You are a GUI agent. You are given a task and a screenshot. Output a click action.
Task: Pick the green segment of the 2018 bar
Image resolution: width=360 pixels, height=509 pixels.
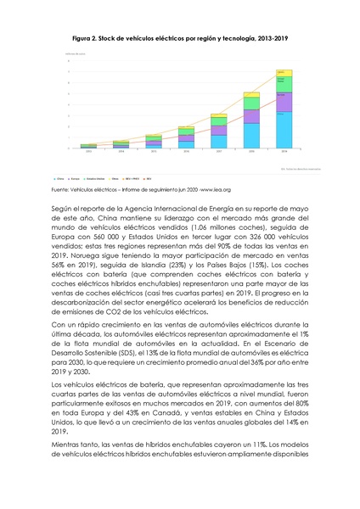coord(252,116)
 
